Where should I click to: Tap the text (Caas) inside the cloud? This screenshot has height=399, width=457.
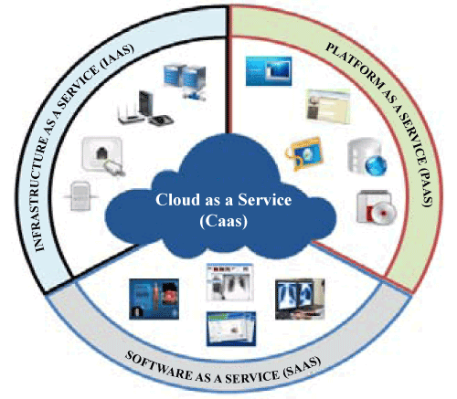224,221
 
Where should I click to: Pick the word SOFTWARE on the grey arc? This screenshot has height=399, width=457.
158,364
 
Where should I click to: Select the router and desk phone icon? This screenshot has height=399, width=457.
145,108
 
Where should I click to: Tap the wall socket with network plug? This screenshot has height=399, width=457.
103,156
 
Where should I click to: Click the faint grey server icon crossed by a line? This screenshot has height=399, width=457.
80,196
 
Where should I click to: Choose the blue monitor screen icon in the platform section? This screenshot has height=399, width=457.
269,71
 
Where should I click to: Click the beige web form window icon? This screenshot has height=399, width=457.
328,106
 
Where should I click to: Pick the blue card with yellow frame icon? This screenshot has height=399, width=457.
304,153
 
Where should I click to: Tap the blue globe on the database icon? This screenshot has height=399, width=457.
376,165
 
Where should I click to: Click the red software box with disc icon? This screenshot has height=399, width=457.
377,207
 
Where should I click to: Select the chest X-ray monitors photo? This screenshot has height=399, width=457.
300,299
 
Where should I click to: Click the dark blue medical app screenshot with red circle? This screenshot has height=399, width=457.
154,299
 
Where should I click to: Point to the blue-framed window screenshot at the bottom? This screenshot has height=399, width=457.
231,329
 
